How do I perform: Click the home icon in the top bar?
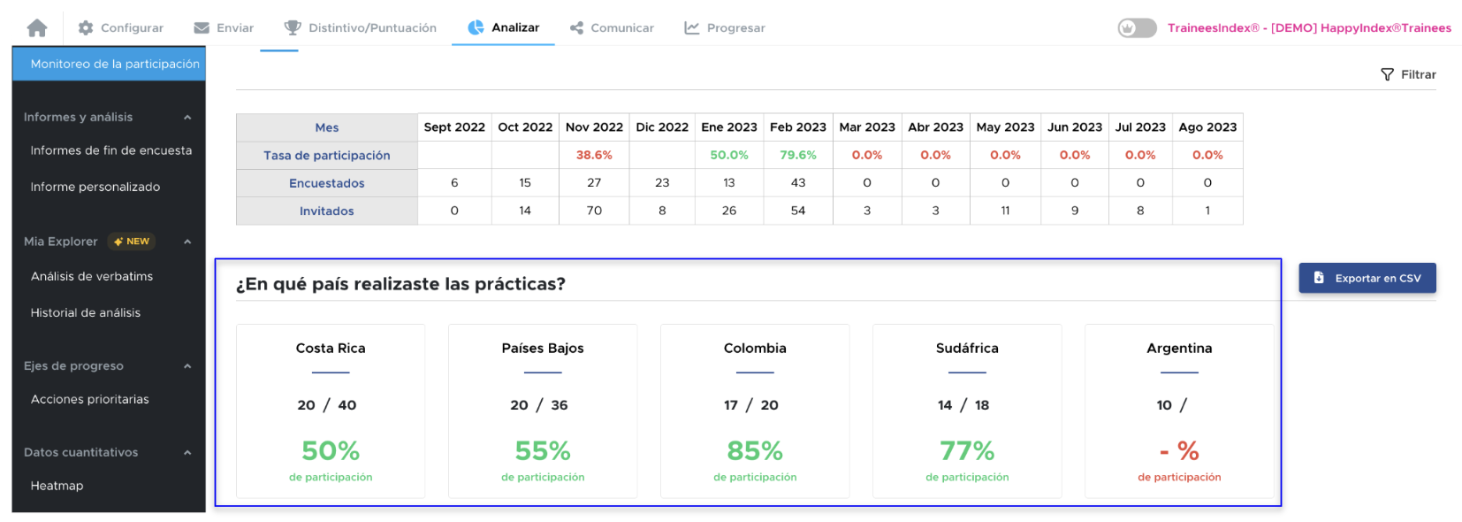click(x=37, y=28)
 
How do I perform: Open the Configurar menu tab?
click(x=121, y=28)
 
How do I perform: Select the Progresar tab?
click(x=725, y=28)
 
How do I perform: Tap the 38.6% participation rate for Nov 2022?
click(x=594, y=155)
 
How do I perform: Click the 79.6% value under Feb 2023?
click(x=797, y=155)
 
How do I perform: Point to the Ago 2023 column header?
click(x=1207, y=127)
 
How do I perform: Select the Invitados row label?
click(x=326, y=211)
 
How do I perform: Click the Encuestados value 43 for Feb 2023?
click(x=797, y=183)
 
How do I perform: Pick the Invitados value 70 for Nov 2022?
click(x=594, y=211)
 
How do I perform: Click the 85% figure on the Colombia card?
click(x=755, y=451)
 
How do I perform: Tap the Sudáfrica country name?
click(x=967, y=349)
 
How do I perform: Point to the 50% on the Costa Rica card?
click(x=331, y=451)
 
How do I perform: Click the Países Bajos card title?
click(x=543, y=349)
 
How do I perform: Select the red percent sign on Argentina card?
click(x=1188, y=451)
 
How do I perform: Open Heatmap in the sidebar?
click(x=57, y=486)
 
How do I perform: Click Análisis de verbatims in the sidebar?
click(x=92, y=276)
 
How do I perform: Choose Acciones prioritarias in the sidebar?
click(x=90, y=399)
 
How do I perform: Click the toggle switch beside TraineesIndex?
click(x=1137, y=28)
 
